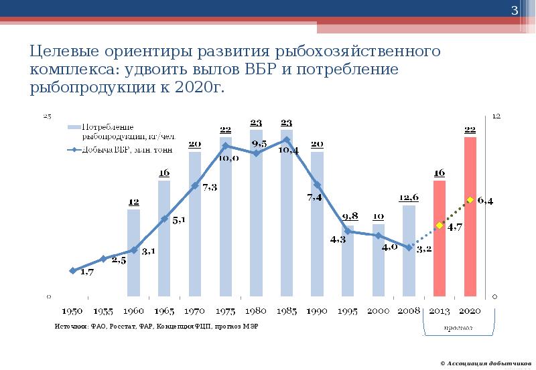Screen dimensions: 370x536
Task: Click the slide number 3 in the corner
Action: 515,11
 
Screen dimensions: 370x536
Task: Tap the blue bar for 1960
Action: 134,254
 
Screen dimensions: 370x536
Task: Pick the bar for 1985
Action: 287,214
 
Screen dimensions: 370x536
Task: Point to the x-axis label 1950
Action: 72,311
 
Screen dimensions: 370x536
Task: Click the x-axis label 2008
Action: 409,311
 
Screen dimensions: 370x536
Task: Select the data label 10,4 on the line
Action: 287,151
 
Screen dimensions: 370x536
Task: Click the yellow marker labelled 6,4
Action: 470,199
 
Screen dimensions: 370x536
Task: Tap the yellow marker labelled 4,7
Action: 440,225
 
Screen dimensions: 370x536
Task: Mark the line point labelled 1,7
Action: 72,270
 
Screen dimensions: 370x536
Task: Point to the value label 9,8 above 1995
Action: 350,215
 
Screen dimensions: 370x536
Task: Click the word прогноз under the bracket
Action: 458,328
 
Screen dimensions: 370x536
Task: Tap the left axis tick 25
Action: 48,116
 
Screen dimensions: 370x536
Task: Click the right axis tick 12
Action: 496,116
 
